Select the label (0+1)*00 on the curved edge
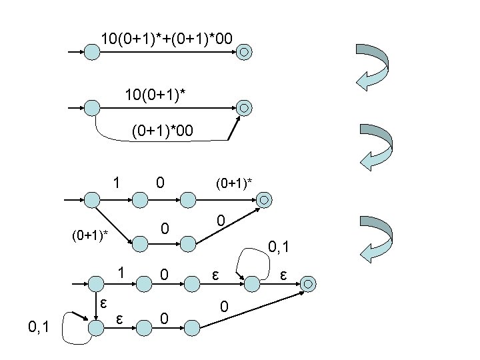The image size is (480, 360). pyautogui.click(x=163, y=131)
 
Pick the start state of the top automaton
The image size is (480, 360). pyautogui.click(x=91, y=51)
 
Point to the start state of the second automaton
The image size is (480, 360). pyautogui.click(x=91, y=107)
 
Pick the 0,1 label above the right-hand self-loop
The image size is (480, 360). pyautogui.click(x=279, y=249)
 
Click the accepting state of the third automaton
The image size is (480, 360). pyautogui.click(x=264, y=199)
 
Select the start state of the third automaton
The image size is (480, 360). pyautogui.click(x=91, y=199)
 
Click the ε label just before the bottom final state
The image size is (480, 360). pyautogui.click(x=284, y=273)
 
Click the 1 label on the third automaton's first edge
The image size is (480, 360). pyautogui.click(x=116, y=181)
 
